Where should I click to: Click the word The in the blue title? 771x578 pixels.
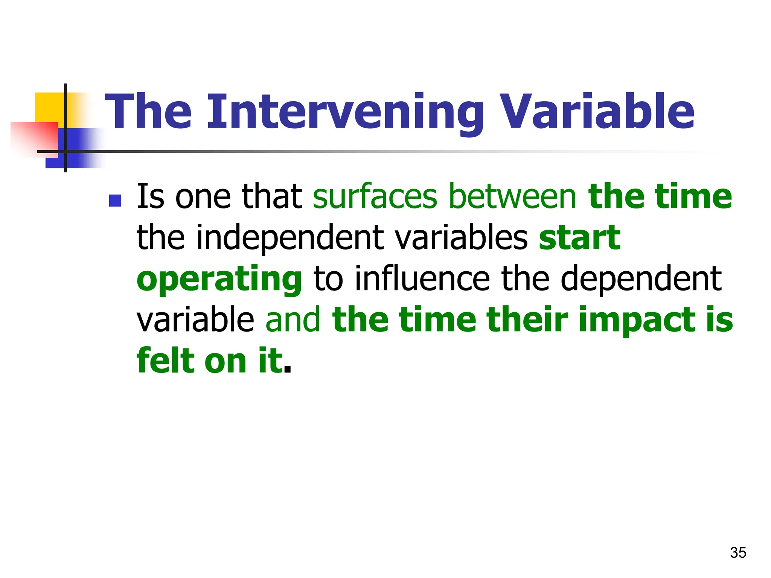pyautogui.click(x=148, y=112)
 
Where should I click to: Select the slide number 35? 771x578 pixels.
pyautogui.click(x=738, y=553)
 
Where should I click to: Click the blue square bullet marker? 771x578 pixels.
pyautogui.click(x=115, y=201)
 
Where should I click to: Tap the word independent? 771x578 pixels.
pyautogui.click(x=290, y=237)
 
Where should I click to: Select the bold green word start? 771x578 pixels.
pyautogui.click(x=579, y=237)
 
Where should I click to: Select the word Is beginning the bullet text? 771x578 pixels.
pyautogui.click(x=150, y=196)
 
